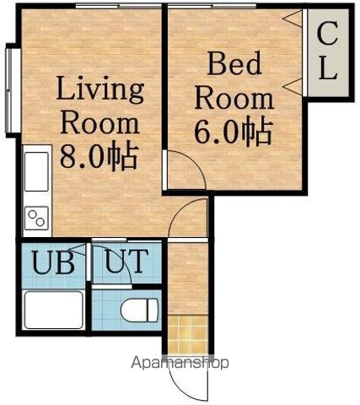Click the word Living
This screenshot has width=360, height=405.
click(x=100, y=89)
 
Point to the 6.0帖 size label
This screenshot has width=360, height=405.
click(x=234, y=132)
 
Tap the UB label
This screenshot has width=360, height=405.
click(x=53, y=262)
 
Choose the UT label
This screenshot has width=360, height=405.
click(x=126, y=262)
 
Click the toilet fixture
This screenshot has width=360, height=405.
click(x=140, y=310)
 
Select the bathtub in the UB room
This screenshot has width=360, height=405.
click(x=53, y=310)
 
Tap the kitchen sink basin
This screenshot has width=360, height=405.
click(x=36, y=172)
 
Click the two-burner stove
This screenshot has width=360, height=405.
click(x=36, y=219)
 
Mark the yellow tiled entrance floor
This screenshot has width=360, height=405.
click(x=189, y=334)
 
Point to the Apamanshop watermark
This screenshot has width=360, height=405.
click(x=180, y=363)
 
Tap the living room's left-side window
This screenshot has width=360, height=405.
click(x=10, y=90)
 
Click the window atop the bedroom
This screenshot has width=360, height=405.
click(x=212, y=6)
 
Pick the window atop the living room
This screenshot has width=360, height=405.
click(x=119, y=6)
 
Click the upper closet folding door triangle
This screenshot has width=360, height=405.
click(x=294, y=19)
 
